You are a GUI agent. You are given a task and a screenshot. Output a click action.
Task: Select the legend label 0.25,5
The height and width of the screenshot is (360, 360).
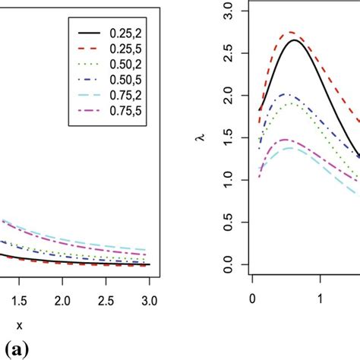[x=126, y=52]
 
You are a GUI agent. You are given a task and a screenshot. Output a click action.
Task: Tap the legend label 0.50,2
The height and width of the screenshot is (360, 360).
[x=126, y=68]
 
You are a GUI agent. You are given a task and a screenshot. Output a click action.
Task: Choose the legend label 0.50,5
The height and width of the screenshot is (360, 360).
[x=126, y=84]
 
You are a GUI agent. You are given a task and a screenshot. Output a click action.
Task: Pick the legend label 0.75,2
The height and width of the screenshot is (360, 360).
[x=126, y=99]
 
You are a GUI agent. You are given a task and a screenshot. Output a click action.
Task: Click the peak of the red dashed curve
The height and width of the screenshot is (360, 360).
[x=292, y=33]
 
